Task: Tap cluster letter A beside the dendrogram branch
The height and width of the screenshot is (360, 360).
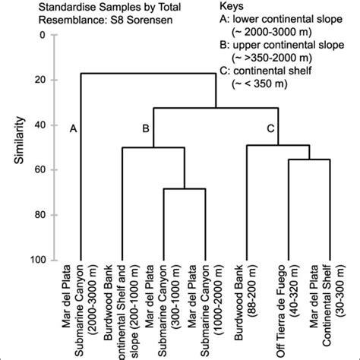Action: (73, 129)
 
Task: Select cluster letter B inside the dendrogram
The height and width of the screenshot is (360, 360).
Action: (144, 129)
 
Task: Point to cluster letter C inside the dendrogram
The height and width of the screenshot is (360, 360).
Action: (270, 129)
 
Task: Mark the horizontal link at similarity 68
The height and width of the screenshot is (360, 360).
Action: (185, 188)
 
